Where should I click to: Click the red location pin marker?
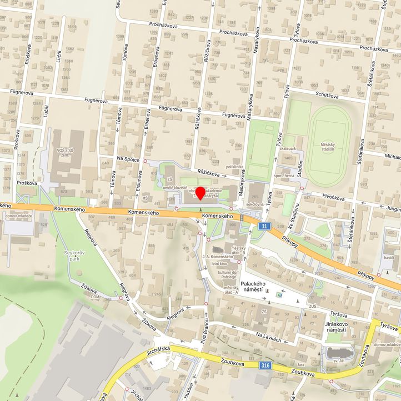(x=200, y=193)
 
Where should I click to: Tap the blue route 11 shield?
(x=264, y=226)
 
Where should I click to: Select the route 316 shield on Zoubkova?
(x=266, y=365)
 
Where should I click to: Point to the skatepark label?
(x=288, y=149)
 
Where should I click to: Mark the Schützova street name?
(x=327, y=94)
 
